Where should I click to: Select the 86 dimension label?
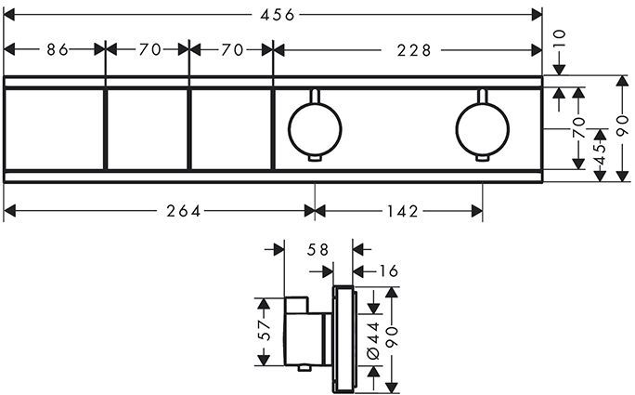click(x=58, y=49)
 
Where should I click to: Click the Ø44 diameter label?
click(x=373, y=338)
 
